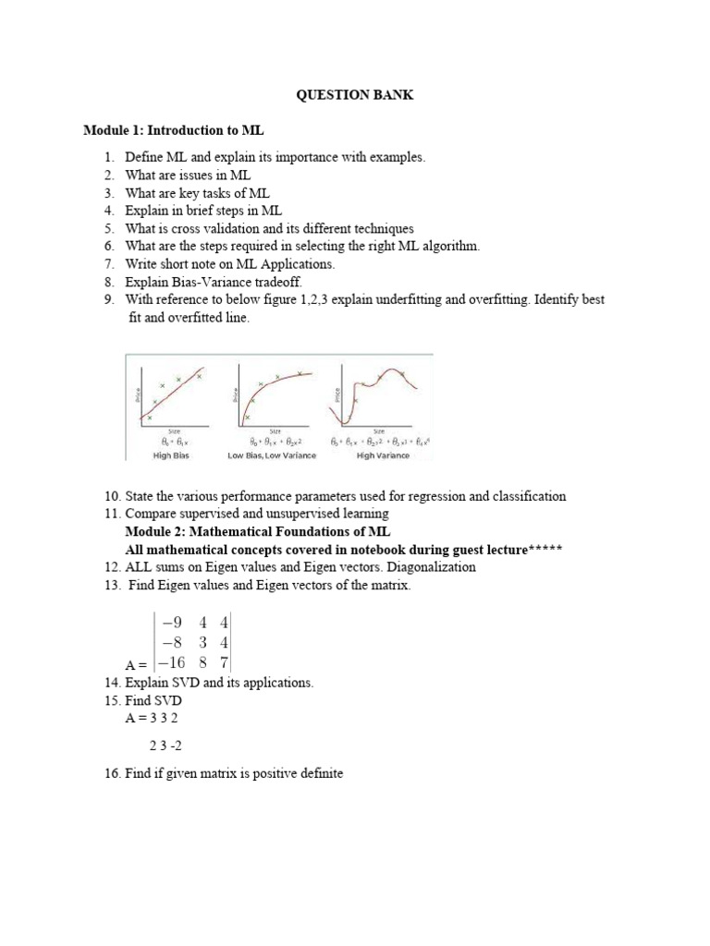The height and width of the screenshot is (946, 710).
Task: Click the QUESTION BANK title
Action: (x=354, y=95)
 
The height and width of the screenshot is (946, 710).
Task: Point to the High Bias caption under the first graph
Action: (x=173, y=455)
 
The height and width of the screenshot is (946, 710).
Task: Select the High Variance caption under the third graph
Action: (x=379, y=455)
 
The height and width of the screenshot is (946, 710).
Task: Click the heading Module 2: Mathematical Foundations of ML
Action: (x=258, y=532)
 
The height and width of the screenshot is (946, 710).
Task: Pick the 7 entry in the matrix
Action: (x=223, y=662)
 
